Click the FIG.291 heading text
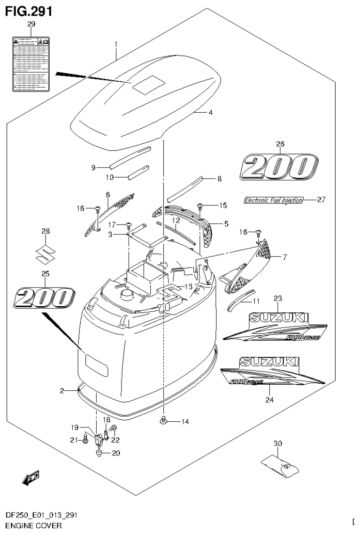28,10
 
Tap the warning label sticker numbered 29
31,63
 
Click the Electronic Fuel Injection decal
274,200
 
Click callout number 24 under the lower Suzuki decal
269,400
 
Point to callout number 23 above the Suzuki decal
278,298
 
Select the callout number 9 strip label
93,167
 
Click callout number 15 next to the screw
222,205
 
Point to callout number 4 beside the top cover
211,113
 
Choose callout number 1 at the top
115,45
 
